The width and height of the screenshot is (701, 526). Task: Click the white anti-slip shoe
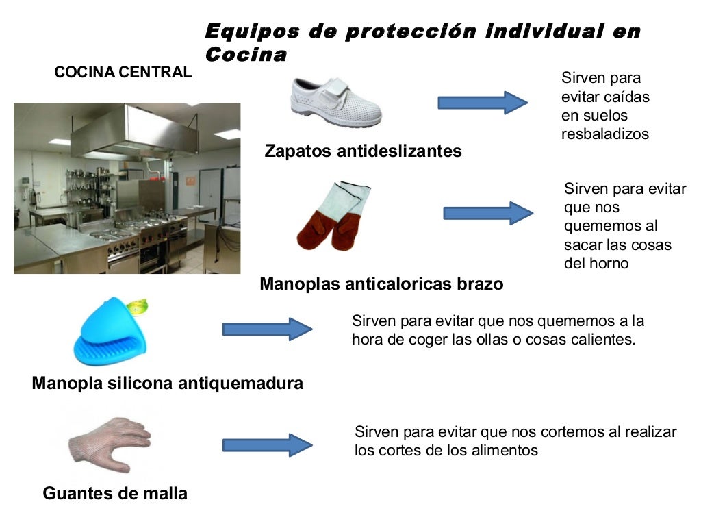(x=335, y=102)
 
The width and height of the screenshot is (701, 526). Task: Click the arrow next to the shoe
(x=482, y=103)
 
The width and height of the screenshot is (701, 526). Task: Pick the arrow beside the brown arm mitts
(x=487, y=213)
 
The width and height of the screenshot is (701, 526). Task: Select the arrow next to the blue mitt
(x=267, y=329)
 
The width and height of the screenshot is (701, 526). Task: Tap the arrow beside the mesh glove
(x=267, y=445)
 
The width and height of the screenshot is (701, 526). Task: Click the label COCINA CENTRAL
(x=123, y=73)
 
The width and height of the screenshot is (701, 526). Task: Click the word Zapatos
(x=298, y=151)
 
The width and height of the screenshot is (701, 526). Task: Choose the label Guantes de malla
(x=115, y=493)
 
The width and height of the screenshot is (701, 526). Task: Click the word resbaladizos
(x=604, y=134)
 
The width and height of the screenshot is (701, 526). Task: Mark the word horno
(x=609, y=263)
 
